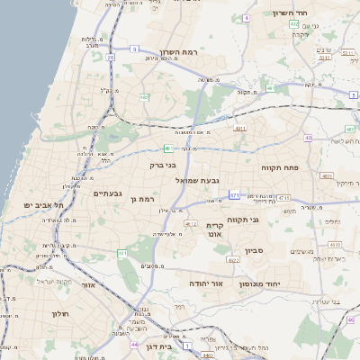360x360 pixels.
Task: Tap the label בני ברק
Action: (x=163, y=165)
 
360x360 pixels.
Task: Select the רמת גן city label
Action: (x=142, y=199)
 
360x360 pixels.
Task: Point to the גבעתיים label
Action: (x=107, y=193)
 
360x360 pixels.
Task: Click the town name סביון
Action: (x=251, y=250)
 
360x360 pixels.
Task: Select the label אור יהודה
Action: (x=206, y=283)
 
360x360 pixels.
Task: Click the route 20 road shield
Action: (x=110, y=58)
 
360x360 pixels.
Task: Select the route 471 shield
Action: (x=234, y=194)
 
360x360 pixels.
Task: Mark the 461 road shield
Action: (x=121, y=254)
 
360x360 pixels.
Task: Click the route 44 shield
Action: (x=133, y=345)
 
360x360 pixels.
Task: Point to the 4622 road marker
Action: (x=233, y=260)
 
